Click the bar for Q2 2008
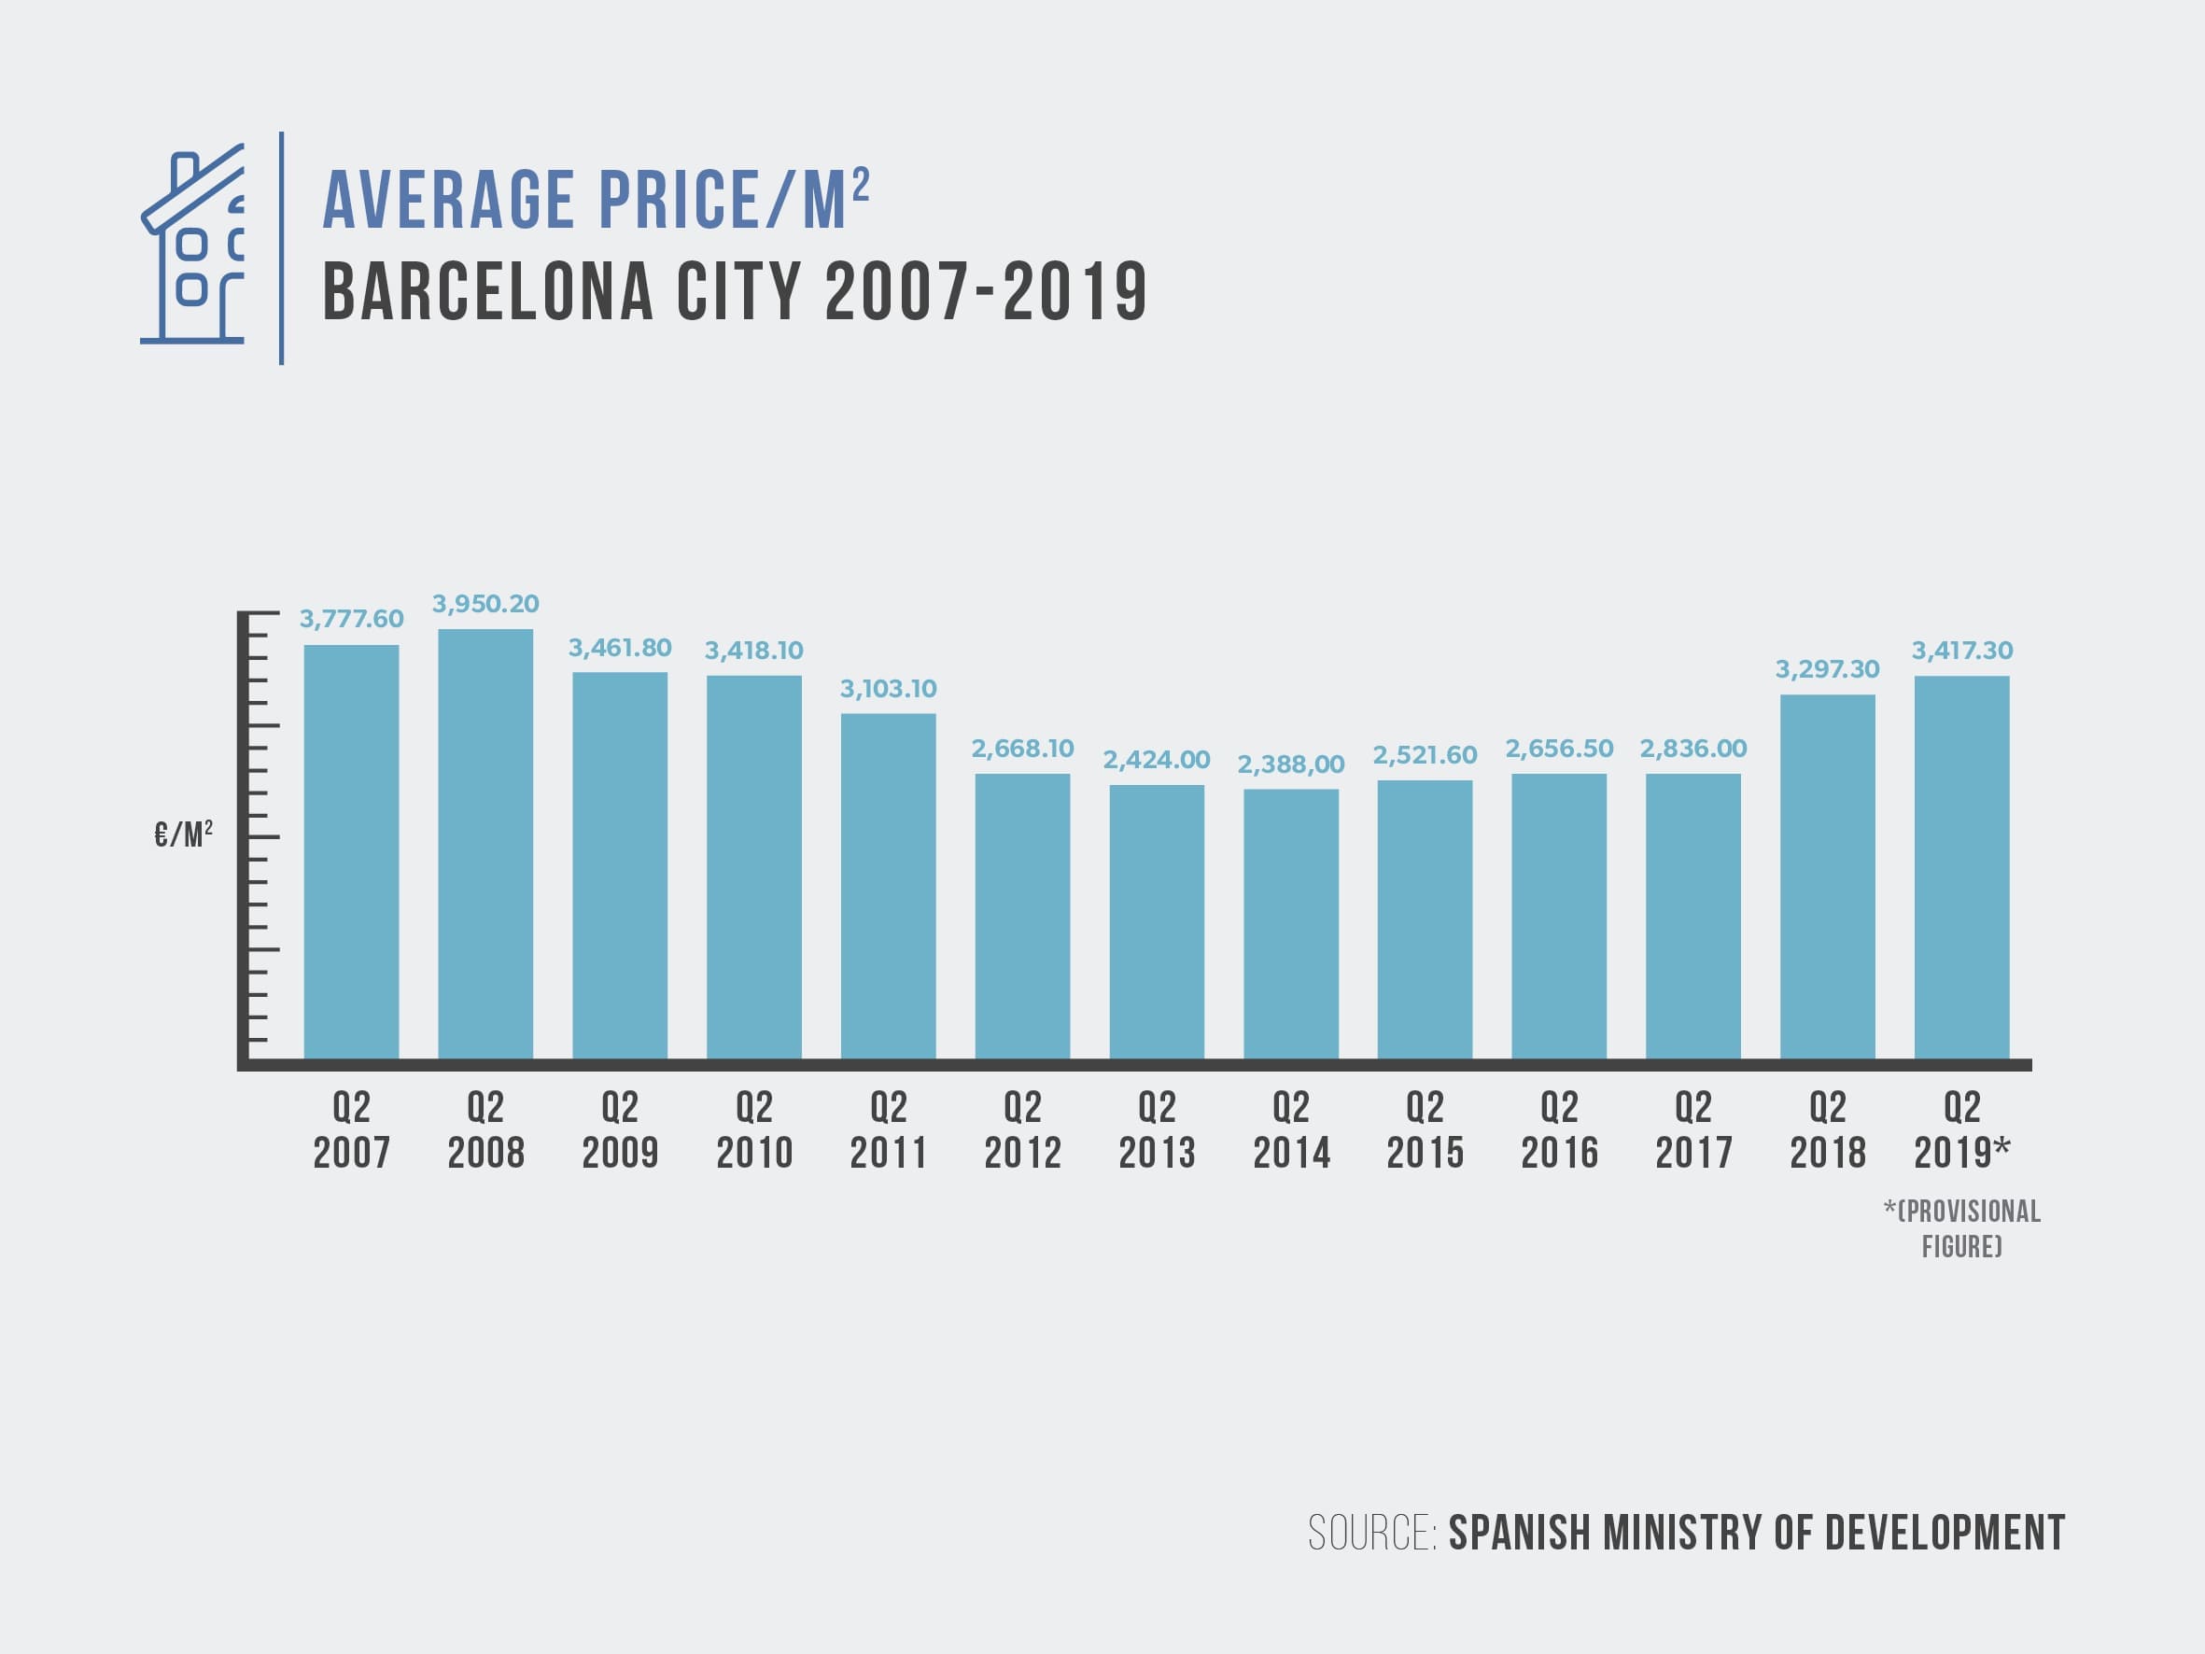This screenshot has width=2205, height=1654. pyautogui.click(x=485, y=844)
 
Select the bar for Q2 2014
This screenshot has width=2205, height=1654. pyautogui.click(x=1291, y=923)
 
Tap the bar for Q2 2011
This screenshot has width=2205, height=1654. pyautogui.click(x=888, y=885)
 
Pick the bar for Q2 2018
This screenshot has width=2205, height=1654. pyautogui.click(x=1827, y=876)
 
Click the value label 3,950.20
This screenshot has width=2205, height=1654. pyautogui.click(x=485, y=603)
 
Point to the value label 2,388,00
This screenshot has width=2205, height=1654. pyautogui.click(x=1291, y=764)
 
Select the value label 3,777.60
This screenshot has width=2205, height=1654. pyautogui.click(x=352, y=619)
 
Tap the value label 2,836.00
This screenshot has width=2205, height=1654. pyautogui.click(x=1692, y=749)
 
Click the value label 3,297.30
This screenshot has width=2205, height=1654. pyautogui.click(x=1827, y=669)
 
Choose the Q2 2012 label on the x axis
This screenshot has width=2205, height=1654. pyautogui.click(x=1023, y=1130)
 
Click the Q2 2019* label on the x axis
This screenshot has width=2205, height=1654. pyautogui.click(x=1961, y=1130)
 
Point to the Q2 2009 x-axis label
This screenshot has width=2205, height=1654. pyautogui.click(x=620, y=1130)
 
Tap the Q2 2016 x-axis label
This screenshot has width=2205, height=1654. pyautogui.click(x=1559, y=1130)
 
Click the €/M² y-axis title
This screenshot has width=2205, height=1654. pyautogui.click(x=183, y=834)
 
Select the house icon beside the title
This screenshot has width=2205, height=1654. pyautogui.click(x=193, y=245)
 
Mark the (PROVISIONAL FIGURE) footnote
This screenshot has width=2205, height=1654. pyautogui.click(x=1961, y=1228)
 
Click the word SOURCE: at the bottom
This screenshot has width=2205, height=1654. pyautogui.click(x=1371, y=1534)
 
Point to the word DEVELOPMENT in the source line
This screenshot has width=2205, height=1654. pyautogui.click(x=1945, y=1534)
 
